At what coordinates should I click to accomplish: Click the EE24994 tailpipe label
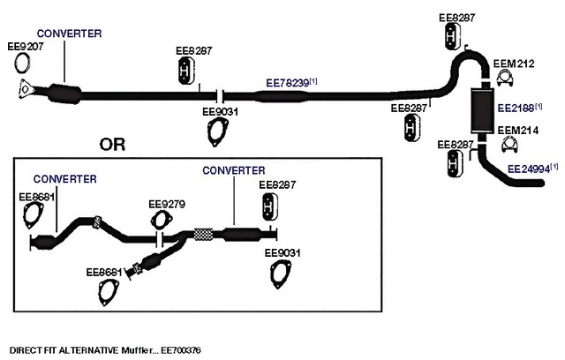click(529, 167)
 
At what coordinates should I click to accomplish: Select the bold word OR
click(112, 145)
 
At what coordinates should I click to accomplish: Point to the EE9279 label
click(166, 203)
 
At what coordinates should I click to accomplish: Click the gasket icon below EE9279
click(161, 221)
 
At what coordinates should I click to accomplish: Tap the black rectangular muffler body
click(483, 106)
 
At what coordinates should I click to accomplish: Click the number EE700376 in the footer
click(180, 350)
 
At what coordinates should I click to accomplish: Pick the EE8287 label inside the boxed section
click(277, 184)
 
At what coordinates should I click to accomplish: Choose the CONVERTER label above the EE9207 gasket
click(68, 33)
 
